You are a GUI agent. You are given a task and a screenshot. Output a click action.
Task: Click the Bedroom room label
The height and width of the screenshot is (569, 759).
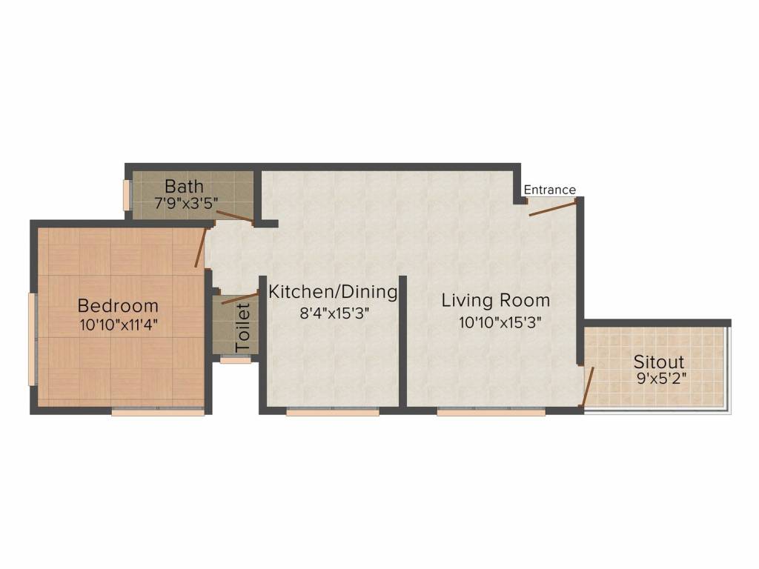click(118, 305)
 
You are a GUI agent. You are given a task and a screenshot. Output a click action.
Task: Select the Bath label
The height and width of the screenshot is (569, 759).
click(184, 186)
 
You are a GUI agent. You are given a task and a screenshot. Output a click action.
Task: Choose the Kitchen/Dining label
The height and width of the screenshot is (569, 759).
click(333, 291)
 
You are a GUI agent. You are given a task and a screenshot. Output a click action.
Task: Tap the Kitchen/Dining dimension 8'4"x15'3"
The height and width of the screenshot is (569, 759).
click(334, 313)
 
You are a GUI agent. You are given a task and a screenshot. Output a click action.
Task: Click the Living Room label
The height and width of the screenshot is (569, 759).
click(496, 300)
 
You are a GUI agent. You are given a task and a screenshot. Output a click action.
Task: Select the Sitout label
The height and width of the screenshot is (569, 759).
click(658, 362)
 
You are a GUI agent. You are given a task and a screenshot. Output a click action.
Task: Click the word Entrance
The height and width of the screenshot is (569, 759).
click(549, 190)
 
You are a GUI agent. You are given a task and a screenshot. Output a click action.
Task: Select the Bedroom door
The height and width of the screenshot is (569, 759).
click(199, 247)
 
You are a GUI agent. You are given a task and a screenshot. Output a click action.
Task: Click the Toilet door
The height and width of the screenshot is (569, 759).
click(239, 299)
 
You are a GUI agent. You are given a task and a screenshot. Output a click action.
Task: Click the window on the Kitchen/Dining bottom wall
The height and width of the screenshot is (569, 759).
click(332, 412)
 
